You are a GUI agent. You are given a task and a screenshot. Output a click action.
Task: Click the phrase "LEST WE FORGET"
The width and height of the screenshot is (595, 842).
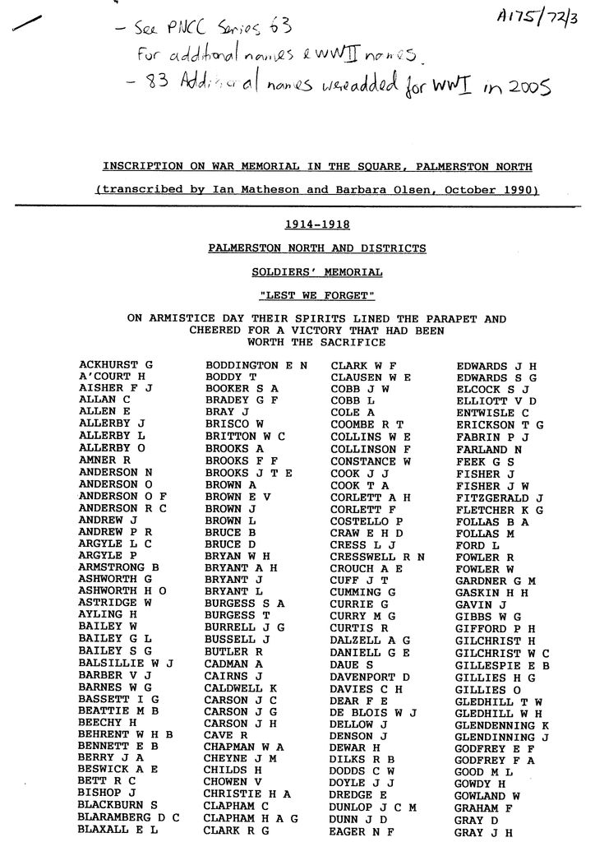[316, 294]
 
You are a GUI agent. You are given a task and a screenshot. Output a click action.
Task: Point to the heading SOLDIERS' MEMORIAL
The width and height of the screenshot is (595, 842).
[316, 271]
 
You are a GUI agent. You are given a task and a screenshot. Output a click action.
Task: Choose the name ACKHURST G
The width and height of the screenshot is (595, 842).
[116, 364]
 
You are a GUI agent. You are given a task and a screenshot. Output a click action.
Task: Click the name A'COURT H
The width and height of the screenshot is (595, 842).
[112, 376]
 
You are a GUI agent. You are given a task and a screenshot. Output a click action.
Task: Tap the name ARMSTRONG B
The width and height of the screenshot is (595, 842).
[118, 567]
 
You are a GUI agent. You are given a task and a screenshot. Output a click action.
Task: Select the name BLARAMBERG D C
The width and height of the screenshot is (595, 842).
[128, 817]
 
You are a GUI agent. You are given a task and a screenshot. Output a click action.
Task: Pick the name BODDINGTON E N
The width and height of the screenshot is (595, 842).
[256, 364]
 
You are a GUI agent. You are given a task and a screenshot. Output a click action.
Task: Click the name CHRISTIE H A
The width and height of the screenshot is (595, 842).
[247, 793]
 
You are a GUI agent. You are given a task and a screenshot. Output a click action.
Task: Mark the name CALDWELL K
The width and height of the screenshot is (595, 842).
[240, 687]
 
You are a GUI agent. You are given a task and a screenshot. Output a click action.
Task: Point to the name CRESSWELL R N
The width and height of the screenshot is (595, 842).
[377, 556]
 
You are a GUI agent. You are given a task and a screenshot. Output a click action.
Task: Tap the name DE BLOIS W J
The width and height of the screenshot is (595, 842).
[374, 711]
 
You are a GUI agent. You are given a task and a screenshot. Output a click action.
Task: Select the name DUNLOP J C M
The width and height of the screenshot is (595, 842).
[373, 807]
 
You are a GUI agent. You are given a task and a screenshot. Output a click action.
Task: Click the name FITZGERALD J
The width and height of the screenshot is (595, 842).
[500, 497]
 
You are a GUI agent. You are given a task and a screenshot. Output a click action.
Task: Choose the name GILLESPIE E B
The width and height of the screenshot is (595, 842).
[500, 664]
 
